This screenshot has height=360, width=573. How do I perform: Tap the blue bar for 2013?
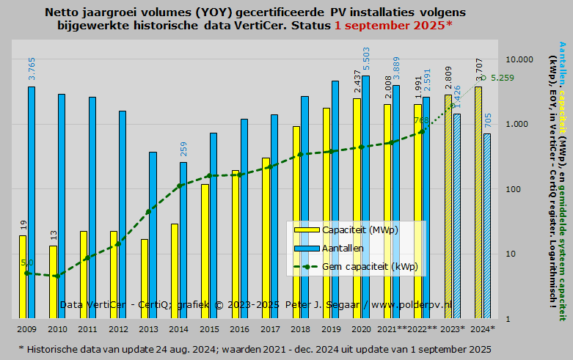153,235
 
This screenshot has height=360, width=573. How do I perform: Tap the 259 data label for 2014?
183,149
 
